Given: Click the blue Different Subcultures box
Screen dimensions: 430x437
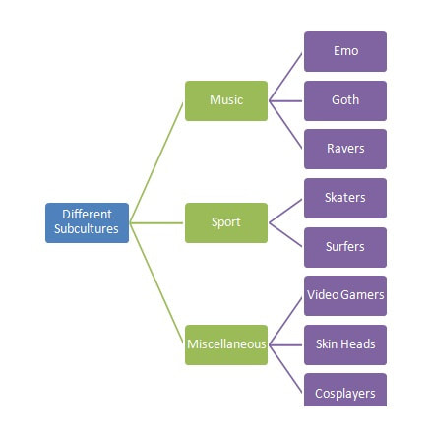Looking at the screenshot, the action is pos(87,222).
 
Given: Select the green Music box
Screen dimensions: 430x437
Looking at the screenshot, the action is pos(226,100).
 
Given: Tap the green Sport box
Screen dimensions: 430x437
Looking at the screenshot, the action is pos(226,222).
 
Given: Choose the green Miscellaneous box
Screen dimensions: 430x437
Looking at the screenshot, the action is pos(226,344).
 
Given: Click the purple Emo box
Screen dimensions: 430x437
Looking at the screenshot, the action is pos(345,51).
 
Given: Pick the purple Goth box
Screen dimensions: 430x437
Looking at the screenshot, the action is pos(345,100).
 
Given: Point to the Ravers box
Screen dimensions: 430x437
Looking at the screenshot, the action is pos(345,149).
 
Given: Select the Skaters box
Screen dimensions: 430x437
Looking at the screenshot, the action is pos(345,198).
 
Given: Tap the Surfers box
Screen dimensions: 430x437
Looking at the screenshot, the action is pos(345,247).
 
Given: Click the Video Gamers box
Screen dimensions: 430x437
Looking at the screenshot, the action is pos(345,295).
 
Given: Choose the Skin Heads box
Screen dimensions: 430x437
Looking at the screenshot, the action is pos(345,344).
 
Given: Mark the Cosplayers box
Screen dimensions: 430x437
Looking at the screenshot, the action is pos(345,390).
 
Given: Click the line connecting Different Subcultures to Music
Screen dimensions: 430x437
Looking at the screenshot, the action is pos(156,162).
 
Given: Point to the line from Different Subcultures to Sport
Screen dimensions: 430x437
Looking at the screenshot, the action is pos(156,223).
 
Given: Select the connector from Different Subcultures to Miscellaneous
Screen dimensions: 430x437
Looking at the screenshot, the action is pos(156,283).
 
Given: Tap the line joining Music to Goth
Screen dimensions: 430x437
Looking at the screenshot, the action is pos(285,101).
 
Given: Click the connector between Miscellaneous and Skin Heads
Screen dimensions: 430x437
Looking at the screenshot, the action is pos(285,345).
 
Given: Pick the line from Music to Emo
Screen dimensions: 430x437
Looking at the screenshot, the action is pos(285,77).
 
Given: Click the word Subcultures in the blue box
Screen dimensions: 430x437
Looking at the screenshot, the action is pos(87,229).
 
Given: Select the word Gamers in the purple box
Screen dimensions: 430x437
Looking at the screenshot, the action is pos(362,295).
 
